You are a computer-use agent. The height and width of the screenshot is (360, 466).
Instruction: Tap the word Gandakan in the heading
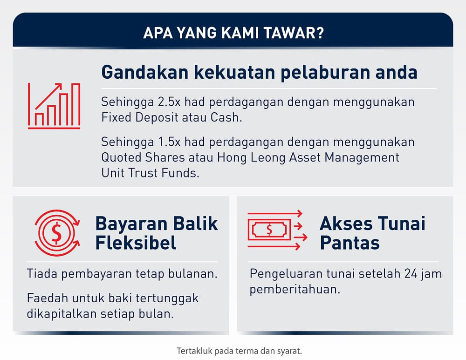tap(145, 72)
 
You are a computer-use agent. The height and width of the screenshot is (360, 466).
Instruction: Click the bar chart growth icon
tap(54, 106)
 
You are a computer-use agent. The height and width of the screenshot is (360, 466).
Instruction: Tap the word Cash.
tap(226, 117)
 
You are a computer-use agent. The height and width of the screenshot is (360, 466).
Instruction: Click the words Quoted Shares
tap(143, 157)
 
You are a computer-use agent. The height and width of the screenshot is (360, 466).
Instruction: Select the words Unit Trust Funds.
tap(150, 173)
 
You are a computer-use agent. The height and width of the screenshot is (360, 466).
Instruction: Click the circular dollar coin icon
tap(57, 233)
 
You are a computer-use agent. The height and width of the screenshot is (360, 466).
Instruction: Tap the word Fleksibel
tap(136, 243)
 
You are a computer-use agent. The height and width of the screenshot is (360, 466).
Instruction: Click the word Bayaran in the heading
tap(131, 224)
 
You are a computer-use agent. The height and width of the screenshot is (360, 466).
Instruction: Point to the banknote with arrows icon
tap(277, 230)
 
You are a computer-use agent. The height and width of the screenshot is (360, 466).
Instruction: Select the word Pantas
tap(350, 243)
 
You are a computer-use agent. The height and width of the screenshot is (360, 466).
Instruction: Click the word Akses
tap(346, 224)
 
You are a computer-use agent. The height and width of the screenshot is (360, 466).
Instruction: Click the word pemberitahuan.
tap(295, 289)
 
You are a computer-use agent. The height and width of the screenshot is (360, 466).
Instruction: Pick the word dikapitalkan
tap(62, 314)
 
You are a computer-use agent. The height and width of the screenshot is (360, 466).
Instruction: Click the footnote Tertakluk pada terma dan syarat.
tap(239, 351)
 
